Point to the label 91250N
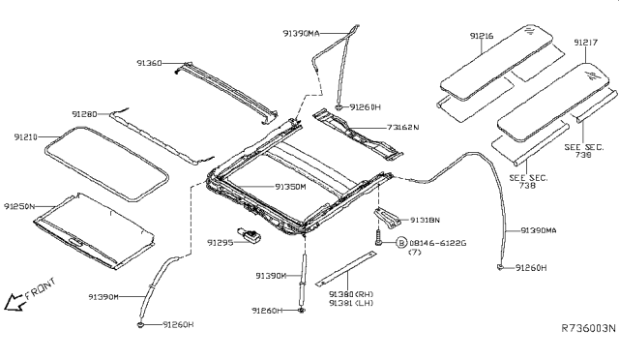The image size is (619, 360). [x=19, y=205]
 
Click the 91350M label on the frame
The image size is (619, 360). [x=289, y=186]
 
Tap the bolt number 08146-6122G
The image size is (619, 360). [x=439, y=242]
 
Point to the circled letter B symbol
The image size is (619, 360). [x=400, y=242]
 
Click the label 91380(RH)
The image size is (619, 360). [x=350, y=293]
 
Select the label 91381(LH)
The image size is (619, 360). [x=350, y=303]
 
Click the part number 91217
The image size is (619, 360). [x=585, y=43]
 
